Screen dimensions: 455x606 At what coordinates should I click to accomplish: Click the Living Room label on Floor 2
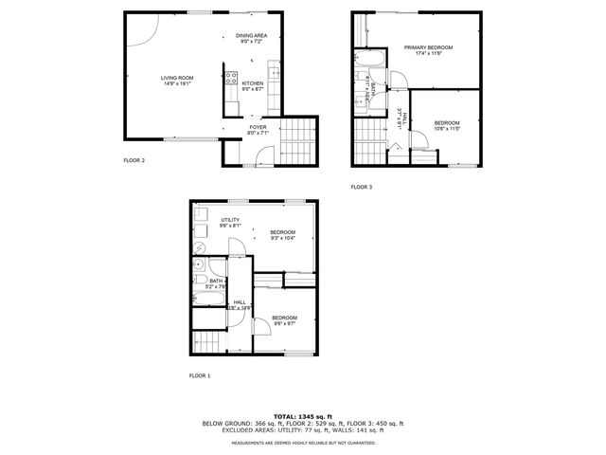pos(177,78)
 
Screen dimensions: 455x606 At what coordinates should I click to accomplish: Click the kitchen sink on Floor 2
pos(276,70)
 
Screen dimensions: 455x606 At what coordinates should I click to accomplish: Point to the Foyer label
pos(258,127)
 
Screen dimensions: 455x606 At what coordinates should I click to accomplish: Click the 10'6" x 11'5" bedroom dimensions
pos(447,128)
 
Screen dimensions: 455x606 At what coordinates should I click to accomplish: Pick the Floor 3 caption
pos(362,187)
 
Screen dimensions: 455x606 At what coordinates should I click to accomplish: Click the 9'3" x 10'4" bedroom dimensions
pos(283,238)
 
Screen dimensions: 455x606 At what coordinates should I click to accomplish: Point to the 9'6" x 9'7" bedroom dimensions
pos(284,323)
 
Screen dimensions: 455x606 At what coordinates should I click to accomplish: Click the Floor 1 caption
pos(200,376)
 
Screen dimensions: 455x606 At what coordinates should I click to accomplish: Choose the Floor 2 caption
pos(134,160)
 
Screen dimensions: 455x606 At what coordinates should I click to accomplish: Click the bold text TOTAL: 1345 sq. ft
pos(303,416)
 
